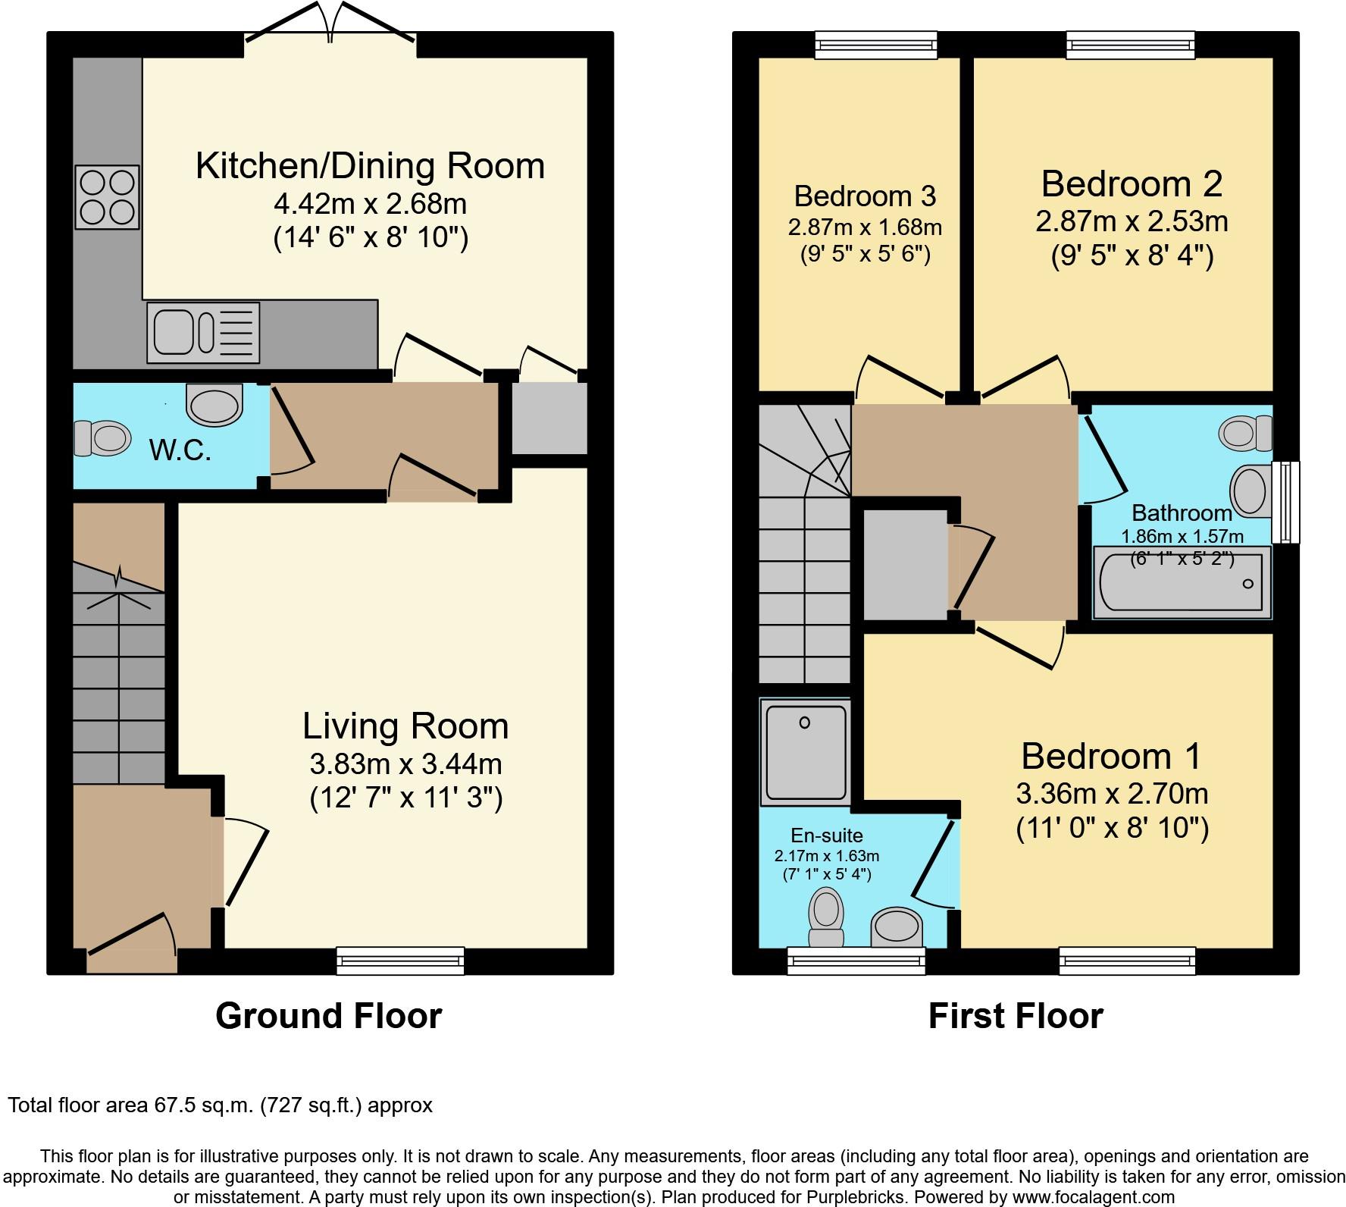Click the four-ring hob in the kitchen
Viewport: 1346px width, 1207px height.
107,197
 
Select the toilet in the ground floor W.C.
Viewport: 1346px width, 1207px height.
101,438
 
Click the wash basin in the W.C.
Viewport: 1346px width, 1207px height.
214,403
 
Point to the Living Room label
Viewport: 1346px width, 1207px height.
405,726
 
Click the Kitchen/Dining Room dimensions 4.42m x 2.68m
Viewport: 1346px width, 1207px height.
370,203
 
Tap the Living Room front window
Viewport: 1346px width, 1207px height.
400,960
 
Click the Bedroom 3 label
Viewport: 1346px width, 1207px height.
865,196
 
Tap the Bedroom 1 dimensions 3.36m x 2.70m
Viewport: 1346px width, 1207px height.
1112,794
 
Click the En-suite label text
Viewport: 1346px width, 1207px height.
827,835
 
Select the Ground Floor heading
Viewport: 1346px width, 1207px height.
328,1016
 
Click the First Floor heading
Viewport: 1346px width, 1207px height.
1016,1016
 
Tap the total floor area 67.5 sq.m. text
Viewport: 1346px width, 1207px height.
220,1105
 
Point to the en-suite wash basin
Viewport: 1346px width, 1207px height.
897,927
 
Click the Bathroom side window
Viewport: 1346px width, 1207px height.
1285,502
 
